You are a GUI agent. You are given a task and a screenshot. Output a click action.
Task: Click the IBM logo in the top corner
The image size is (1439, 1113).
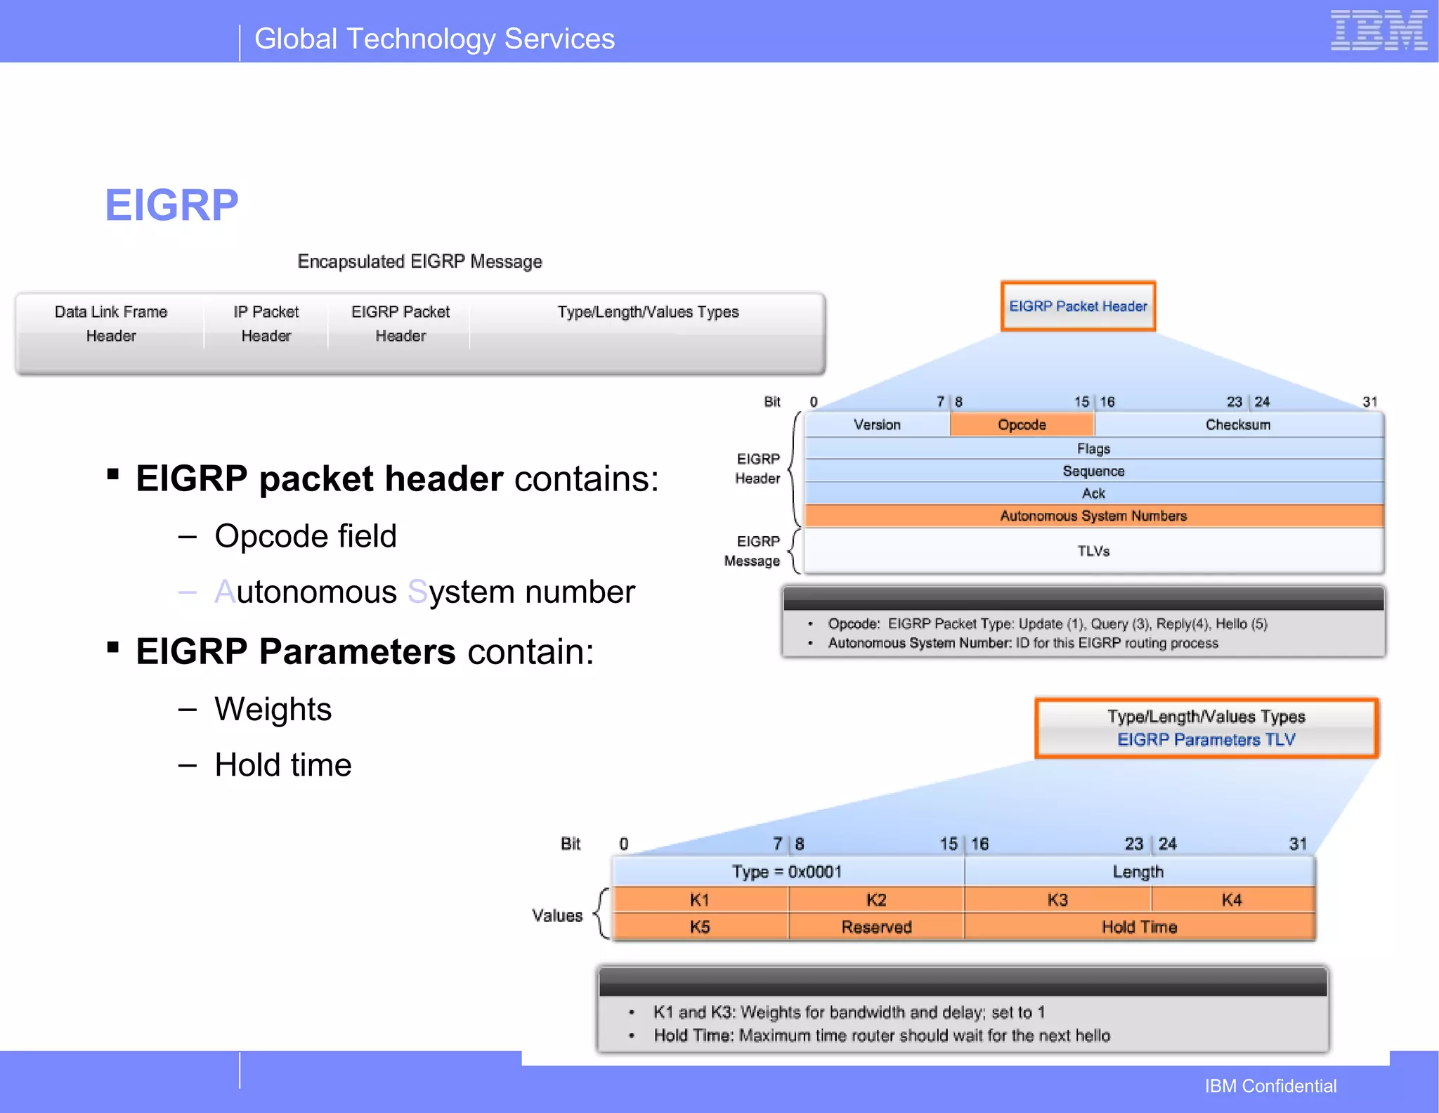(x=1379, y=31)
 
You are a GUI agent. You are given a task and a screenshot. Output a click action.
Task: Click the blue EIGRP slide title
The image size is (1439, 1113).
(x=171, y=205)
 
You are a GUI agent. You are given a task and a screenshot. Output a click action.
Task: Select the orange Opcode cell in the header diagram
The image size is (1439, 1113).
(x=1022, y=424)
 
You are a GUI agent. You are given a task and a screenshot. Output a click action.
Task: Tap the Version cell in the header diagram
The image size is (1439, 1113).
(x=877, y=424)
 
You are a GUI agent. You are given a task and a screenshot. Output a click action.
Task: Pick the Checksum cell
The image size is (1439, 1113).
(x=1238, y=424)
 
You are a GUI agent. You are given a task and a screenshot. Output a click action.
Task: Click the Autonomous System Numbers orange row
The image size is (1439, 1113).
(x=1093, y=516)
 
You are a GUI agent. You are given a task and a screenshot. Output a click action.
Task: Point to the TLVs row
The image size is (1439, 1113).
(x=1093, y=551)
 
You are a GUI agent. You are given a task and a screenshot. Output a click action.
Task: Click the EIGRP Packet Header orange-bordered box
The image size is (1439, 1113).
(x=1078, y=306)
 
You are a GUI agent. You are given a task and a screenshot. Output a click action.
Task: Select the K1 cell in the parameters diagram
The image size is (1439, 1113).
(x=700, y=900)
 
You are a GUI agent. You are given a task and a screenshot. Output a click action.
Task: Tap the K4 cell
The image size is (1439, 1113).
(x=1232, y=900)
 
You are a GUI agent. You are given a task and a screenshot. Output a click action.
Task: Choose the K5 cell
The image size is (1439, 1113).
(x=700, y=927)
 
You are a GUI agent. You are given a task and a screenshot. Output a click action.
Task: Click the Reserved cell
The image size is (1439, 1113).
(x=876, y=927)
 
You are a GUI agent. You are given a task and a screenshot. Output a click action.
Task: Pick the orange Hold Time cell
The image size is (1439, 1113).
(x=1139, y=927)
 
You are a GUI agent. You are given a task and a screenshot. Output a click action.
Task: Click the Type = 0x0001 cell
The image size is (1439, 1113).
(x=787, y=872)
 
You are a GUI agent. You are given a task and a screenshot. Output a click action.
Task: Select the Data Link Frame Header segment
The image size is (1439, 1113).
(x=111, y=324)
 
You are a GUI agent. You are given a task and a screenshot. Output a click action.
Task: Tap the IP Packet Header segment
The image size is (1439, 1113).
(x=266, y=324)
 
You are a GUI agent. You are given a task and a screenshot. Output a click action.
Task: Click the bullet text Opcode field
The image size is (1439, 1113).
(x=306, y=536)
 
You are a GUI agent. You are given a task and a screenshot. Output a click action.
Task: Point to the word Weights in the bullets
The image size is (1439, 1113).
(x=273, y=709)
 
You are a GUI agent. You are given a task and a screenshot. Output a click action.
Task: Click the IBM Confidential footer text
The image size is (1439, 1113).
(x=1270, y=1086)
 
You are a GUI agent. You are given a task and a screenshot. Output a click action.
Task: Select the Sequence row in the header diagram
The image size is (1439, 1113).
(x=1093, y=471)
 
